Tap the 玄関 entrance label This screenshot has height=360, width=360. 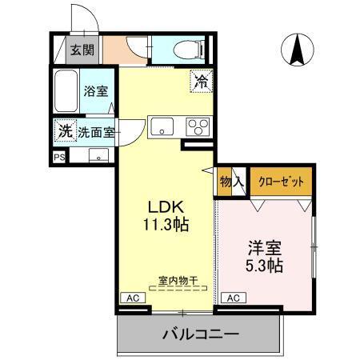pos(81,50)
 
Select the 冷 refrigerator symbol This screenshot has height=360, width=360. pos(201,80)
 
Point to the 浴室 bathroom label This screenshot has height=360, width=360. pos(96,91)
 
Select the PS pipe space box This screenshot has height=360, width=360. pos(58,157)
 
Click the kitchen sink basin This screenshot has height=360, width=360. pos(164,126)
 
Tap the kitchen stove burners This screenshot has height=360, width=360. pos(196,126)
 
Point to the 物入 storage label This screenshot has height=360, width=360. pos(232,182)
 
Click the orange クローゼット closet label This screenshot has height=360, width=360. pos(281,182)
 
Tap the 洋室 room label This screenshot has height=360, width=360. pos(265,244)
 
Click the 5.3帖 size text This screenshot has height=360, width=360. pos(265,264)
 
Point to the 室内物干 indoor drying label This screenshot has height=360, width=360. pos(178,280)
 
